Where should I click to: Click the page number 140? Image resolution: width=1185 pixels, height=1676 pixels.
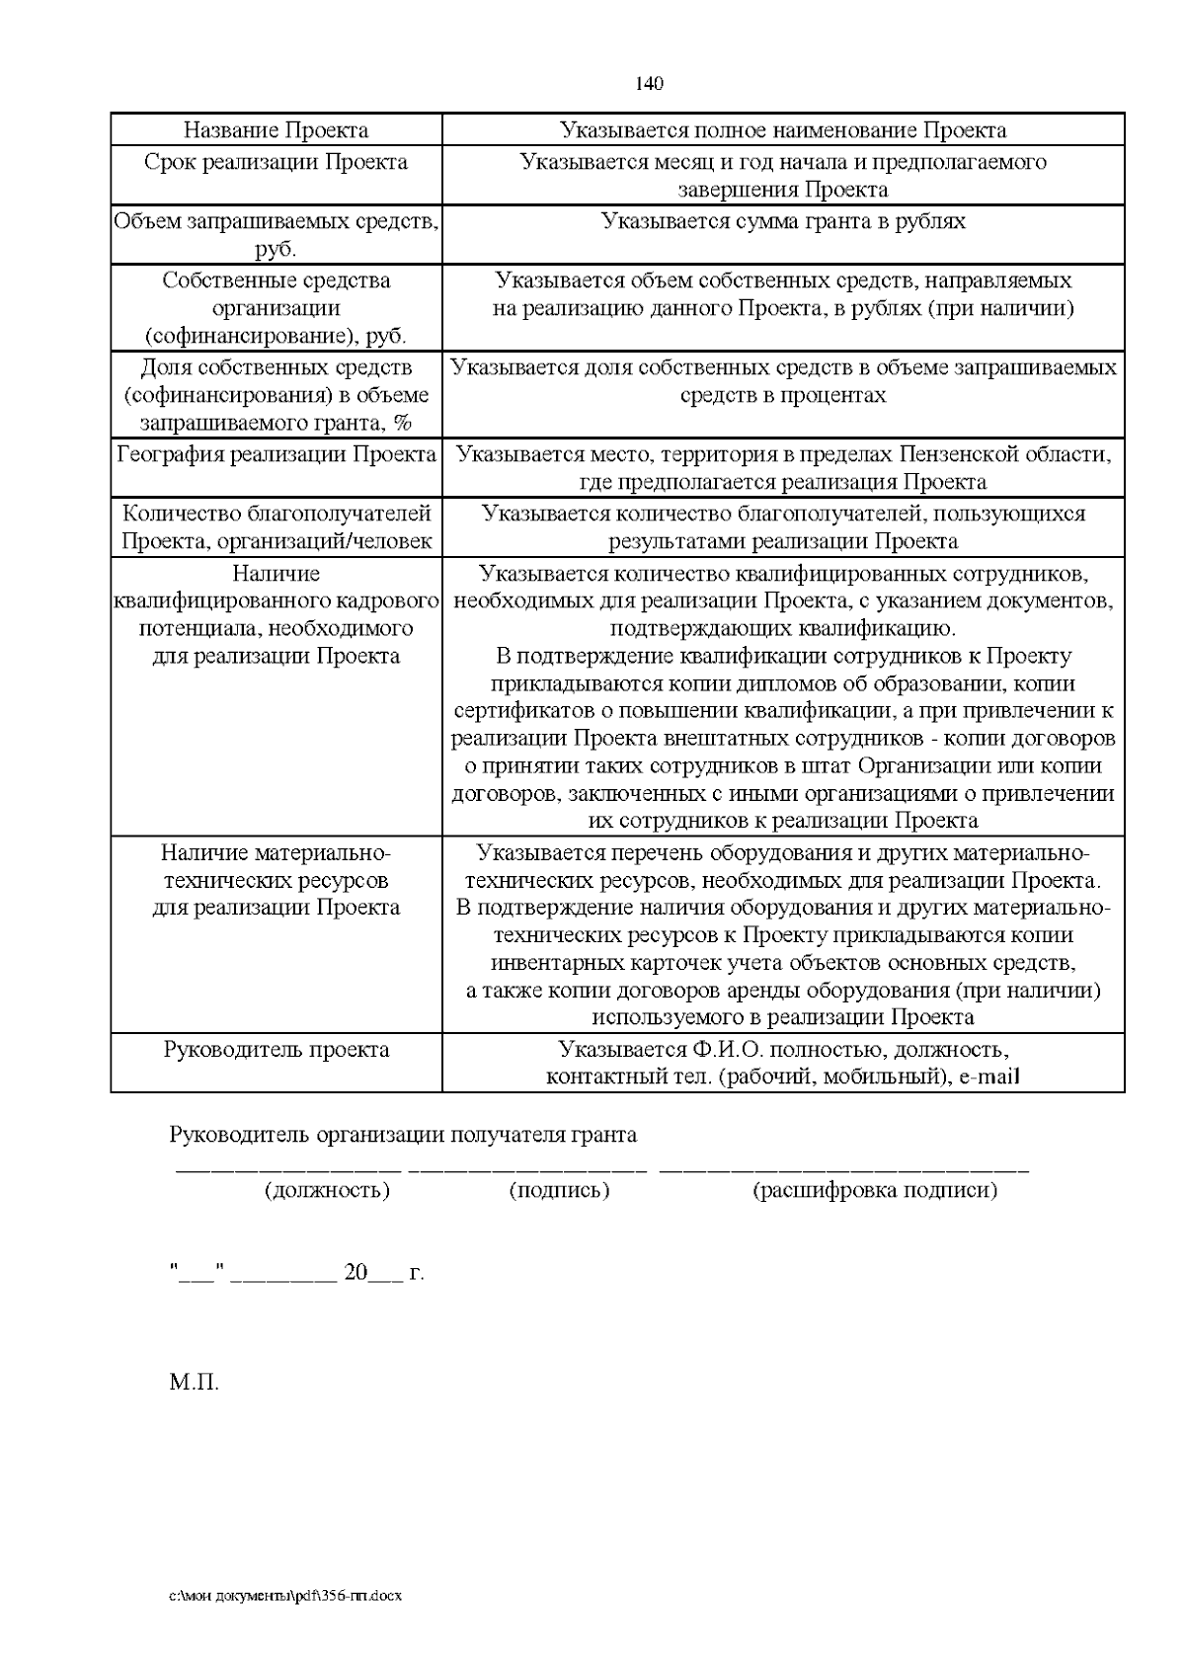[649, 83]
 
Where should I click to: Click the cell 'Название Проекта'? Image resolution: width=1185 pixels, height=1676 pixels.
[276, 130]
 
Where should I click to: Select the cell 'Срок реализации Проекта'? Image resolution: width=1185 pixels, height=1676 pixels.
[276, 162]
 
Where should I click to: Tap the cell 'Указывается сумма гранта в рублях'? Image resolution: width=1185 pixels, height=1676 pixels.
[783, 221]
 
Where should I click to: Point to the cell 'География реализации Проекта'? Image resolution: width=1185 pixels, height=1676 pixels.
[276, 455]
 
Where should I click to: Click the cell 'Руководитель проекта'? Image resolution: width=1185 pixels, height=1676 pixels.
[276, 1050]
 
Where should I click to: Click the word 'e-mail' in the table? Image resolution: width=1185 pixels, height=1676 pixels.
[988, 1077]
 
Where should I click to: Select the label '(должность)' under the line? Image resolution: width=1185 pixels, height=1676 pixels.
[327, 1190]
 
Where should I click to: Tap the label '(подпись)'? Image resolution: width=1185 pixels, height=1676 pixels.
[559, 1190]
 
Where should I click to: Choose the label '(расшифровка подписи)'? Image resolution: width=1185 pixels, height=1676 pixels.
[875, 1190]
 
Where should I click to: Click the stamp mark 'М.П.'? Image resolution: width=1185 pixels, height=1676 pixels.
[194, 1382]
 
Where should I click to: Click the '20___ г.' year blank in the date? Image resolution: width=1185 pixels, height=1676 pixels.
[383, 1273]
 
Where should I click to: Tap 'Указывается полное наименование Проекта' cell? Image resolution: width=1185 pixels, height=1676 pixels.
[783, 130]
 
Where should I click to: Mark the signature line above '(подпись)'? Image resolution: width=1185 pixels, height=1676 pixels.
[527, 1171]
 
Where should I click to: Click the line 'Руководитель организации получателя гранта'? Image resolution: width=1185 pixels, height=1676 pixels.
[403, 1136]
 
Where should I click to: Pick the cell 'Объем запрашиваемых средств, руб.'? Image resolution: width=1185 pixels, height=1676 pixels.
[276, 234]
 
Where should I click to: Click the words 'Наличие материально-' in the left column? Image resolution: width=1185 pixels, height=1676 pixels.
[276, 852]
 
